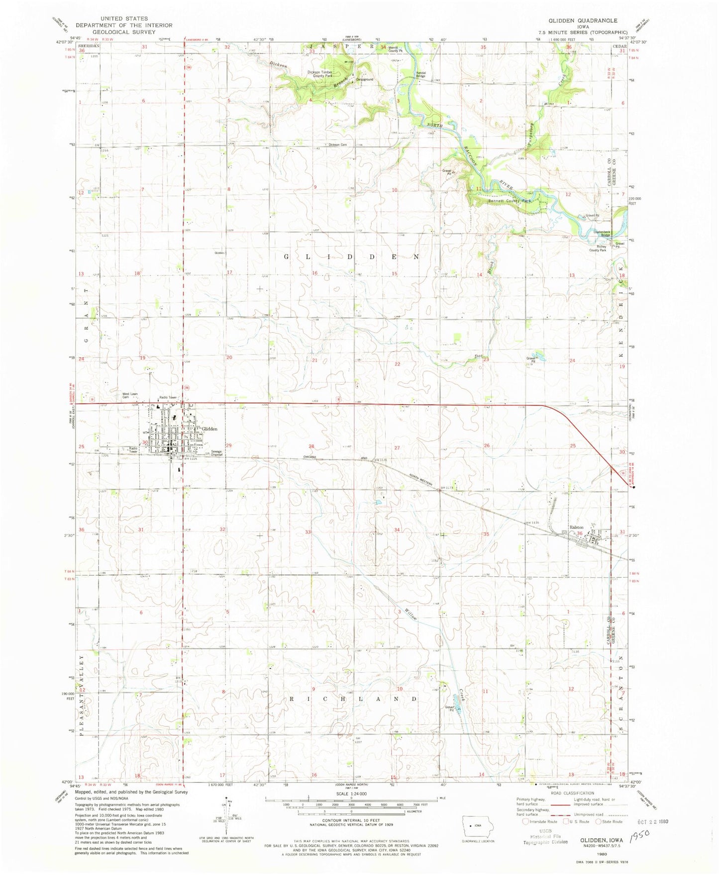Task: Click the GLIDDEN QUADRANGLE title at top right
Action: [x=576, y=20]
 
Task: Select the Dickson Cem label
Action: [x=337, y=145]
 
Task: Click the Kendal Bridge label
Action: [x=421, y=74]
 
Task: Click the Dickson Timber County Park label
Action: [x=320, y=74]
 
